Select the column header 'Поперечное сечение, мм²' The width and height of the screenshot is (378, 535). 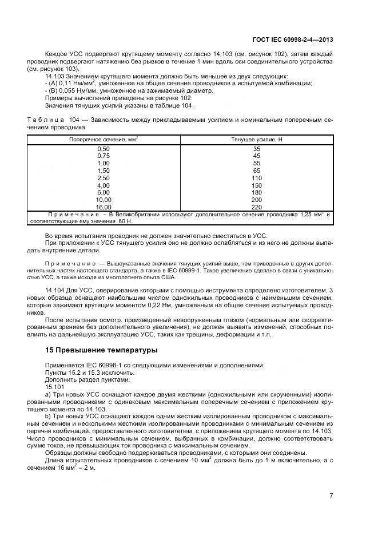[104, 139]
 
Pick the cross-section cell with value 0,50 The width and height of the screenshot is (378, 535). [104, 148]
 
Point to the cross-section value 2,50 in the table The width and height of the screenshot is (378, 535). [104, 178]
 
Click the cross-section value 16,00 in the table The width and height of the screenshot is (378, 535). [104, 207]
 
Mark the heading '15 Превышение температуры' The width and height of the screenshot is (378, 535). [101, 350]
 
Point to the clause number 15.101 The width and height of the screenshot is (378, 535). [53, 386]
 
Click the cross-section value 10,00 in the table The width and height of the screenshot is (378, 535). [104, 200]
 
